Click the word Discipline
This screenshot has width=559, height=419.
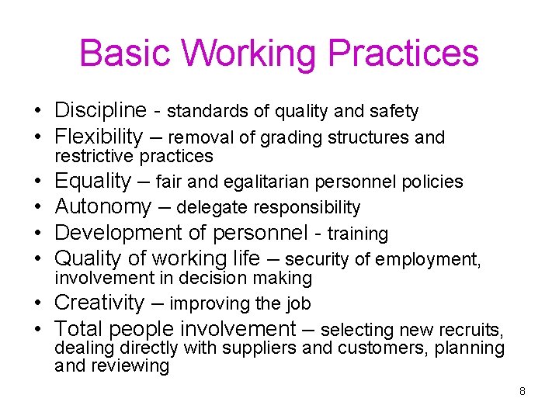click(x=100, y=111)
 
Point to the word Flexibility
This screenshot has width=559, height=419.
click(x=99, y=137)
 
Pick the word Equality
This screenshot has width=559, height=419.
click(x=93, y=182)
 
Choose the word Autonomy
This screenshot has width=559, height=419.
click(x=103, y=207)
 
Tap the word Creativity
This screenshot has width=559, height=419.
click(x=99, y=303)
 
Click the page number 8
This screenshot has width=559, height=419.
click(x=523, y=391)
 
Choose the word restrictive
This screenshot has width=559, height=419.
click(x=95, y=157)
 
